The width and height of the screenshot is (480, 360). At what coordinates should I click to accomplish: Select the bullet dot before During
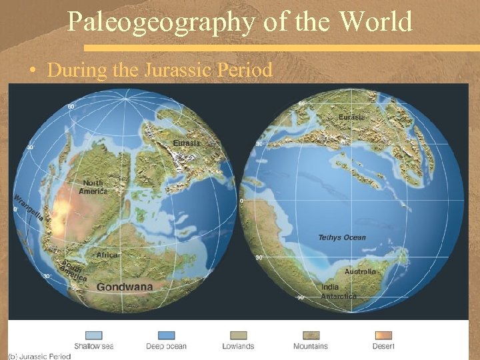(x=31, y=71)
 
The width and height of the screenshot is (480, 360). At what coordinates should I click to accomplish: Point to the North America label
(x=93, y=187)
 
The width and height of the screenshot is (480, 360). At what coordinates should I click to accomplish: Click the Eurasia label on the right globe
(x=351, y=117)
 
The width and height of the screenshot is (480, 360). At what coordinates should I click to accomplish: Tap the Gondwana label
(x=125, y=287)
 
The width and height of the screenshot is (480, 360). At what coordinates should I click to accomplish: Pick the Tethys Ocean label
(x=342, y=237)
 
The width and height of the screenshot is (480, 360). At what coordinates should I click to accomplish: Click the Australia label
(x=360, y=271)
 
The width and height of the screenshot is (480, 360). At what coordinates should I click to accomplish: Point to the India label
(x=330, y=287)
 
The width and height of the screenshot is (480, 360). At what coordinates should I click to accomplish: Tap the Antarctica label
(x=339, y=296)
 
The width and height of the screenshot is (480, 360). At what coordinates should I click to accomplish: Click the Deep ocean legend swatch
(x=166, y=335)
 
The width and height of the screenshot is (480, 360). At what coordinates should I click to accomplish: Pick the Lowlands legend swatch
(x=239, y=335)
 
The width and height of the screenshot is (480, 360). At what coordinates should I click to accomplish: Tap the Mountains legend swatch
(x=311, y=335)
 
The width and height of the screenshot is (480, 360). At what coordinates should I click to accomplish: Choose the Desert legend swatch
(x=383, y=335)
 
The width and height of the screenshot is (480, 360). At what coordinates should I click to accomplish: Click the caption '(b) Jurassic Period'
(x=40, y=356)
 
